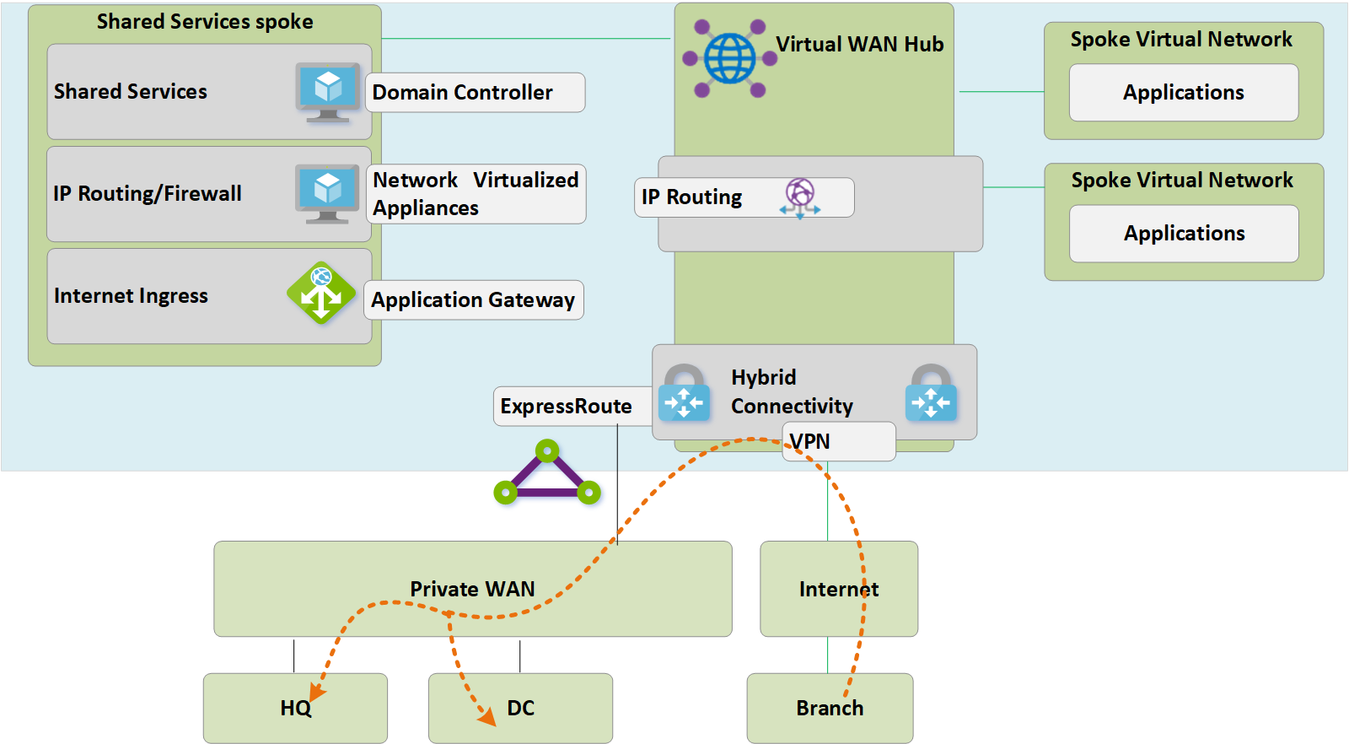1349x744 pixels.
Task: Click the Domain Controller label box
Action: [x=475, y=92]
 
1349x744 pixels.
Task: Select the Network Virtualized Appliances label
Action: [x=476, y=194]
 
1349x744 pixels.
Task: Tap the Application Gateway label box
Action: [x=473, y=300]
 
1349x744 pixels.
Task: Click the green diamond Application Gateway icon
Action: [x=321, y=293]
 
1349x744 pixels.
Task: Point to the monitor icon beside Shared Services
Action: [x=328, y=91]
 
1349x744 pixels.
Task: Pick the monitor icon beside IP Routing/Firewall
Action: [x=327, y=193]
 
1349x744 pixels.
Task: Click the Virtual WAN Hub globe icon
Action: [x=729, y=58]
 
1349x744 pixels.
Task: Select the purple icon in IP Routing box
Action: [x=800, y=197]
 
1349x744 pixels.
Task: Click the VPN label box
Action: [x=838, y=442]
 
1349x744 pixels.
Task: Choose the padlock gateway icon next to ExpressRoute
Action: [x=684, y=392]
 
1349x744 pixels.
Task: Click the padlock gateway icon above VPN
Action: [x=931, y=392]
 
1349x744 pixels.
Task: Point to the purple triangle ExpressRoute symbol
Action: [x=547, y=474]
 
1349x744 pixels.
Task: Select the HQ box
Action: [x=295, y=708]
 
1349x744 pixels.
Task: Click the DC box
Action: [x=520, y=708]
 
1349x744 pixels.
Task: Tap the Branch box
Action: [x=830, y=708]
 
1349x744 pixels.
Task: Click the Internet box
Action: [x=838, y=589]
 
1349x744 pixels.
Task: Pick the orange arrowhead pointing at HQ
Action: [x=317, y=692]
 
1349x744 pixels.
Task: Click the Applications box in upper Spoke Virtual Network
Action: [x=1183, y=93]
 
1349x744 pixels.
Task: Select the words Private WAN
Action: [x=472, y=589]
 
